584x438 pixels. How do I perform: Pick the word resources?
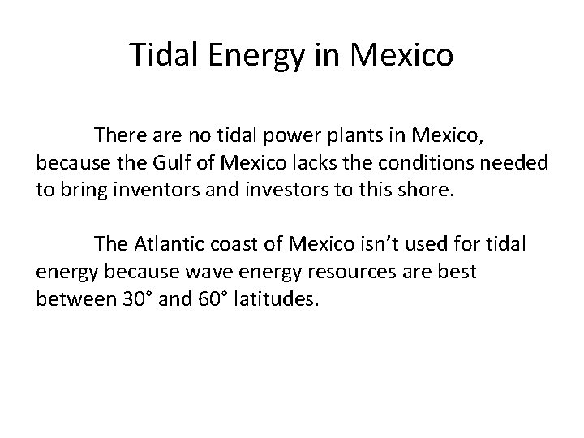pyautogui.click(x=366, y=272)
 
